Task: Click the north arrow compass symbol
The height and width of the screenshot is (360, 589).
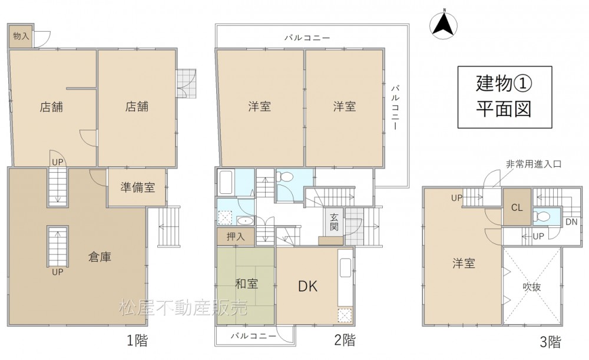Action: [x=444, y=25]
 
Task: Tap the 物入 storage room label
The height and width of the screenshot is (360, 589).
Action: [x=21, y=37]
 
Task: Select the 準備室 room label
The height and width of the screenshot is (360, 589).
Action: [x=137, y=187]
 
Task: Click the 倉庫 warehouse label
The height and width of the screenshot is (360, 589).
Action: [x=100, y=257]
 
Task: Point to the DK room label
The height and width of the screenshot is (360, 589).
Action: [x=307, y=287]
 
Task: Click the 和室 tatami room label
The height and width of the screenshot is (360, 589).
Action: [x=246, y=284]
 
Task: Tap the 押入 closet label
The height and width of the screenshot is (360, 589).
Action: [x=236, y=236]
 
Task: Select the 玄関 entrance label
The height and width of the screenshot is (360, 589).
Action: [x=334, y=222]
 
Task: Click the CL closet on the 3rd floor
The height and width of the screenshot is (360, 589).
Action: [x=517, y=207]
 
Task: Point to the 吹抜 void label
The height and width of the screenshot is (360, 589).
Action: [x=532, y=287]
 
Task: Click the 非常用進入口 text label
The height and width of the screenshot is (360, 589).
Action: [x=534, y=164]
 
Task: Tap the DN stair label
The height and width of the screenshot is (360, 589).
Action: [x=571, y=222]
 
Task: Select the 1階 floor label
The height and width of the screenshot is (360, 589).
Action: [x=137, y=341]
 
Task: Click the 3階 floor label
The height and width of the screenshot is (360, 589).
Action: [x=550, y=342]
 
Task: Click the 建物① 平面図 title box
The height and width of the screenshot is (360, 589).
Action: [x=505, y=97]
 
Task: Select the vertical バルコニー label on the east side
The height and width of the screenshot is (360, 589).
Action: [x=395, y=107]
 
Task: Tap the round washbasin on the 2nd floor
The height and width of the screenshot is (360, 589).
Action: [x=246, y=220]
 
